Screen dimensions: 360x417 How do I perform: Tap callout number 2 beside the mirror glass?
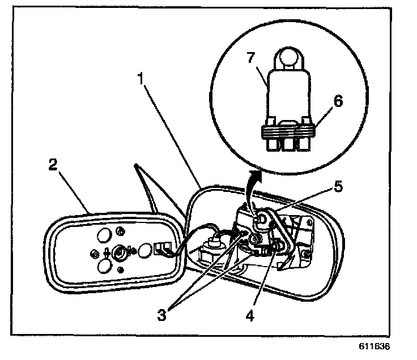53,165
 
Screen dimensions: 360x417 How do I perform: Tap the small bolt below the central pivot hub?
120,270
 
